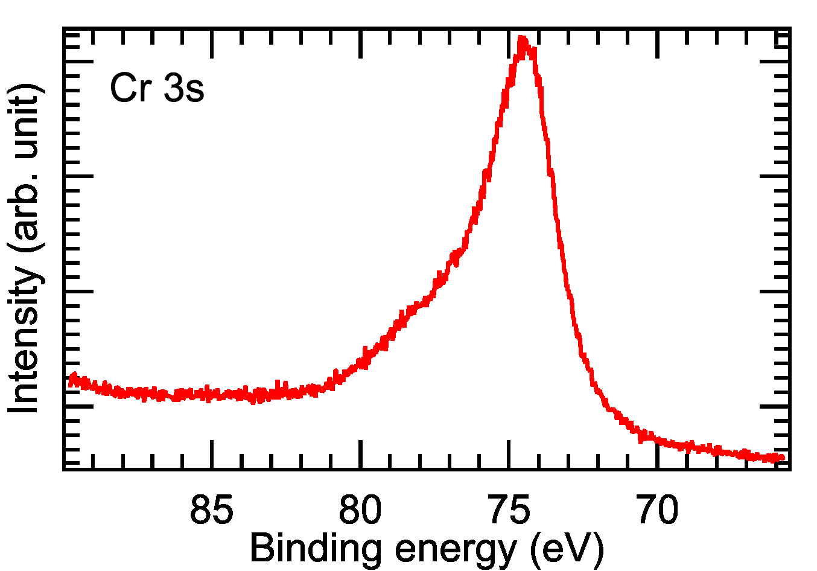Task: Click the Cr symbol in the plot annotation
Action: click(130, 89)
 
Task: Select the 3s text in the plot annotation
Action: click(184, 89)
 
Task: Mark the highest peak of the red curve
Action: click(523, 40)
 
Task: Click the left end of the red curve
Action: click(71, 380)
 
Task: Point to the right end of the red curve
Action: click(783, 458)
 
